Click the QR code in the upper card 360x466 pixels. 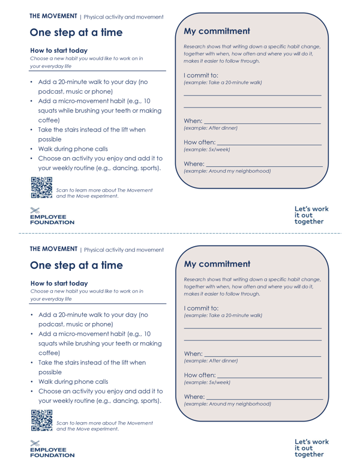click(x=41, y=188)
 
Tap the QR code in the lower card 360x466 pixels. click(x=41, y=420)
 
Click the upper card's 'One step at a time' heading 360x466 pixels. click(x=76, y=32)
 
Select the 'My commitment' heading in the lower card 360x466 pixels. click(x=217, y=264)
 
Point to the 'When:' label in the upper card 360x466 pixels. click(x=193, y=121)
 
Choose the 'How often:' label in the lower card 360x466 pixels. click(x=200, y=375)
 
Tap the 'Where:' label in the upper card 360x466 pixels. click(x=194, y=164)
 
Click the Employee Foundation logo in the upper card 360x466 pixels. click(x=52, y=216)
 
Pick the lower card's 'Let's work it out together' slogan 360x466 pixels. click(x=311, y=448)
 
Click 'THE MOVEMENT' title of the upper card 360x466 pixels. click(x=53, y=16)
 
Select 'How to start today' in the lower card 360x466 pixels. click(x=59, y=283)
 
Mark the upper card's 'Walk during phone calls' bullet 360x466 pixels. click(x=73, y=149)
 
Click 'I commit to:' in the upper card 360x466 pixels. click(x=201, y=76)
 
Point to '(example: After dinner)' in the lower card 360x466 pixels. click(x=211, y=361)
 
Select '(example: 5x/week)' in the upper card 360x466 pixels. click(x=207, y=150)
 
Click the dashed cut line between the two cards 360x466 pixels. click(x=180, y=233)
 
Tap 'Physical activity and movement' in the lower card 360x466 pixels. click(x=124, y=250)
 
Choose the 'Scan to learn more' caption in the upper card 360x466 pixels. click(x=104, y=193)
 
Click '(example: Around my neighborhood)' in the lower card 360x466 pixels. click(x=227, y=404)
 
